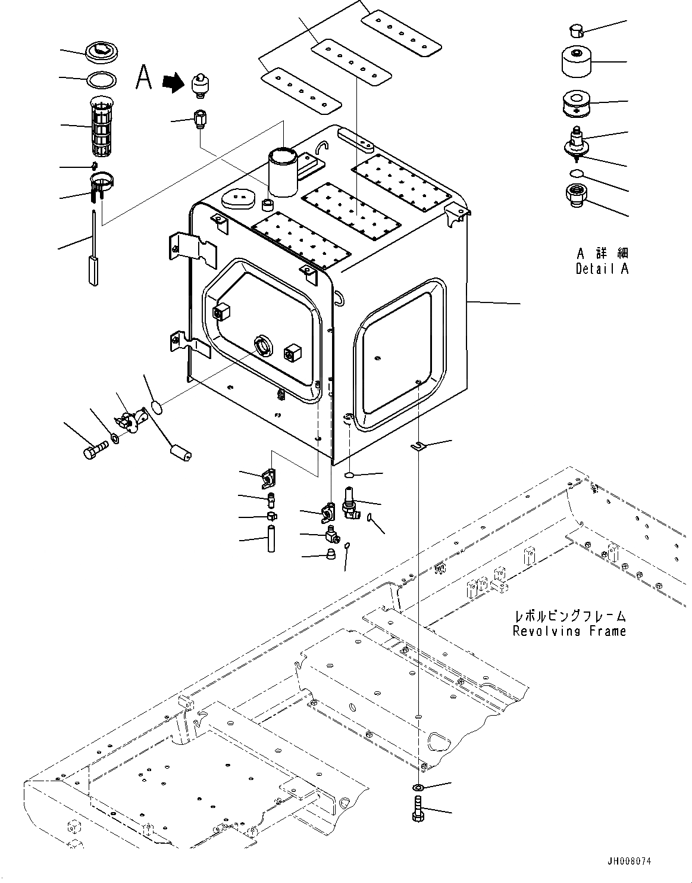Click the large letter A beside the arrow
pos(143,77)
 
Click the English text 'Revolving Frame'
pos(569,631)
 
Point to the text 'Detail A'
pos(602,269)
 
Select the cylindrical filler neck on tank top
pos(282,171)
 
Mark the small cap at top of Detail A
pos(577,29)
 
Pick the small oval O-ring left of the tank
pos(156,407)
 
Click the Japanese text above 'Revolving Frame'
pos(569,617)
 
